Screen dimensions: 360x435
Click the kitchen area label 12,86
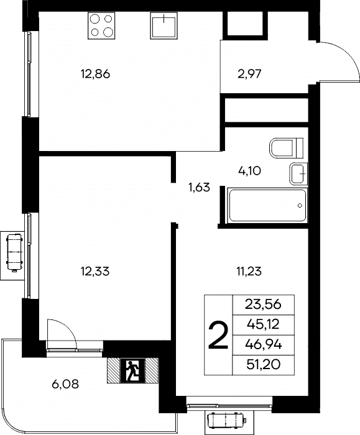coord(95,74)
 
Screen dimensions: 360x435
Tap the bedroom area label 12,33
coord(95,271)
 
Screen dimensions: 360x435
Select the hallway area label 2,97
coord(249,74)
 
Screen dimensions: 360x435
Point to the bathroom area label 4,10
coord(249,171)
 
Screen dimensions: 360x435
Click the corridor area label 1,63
coord(200,188)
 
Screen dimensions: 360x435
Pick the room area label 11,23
coord(249,271)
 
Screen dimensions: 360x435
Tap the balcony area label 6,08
coord(65,384)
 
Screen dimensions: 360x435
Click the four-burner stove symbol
coord(101,25)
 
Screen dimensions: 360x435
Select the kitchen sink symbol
coord(164,25)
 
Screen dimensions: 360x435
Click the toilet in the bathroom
coord(286,148)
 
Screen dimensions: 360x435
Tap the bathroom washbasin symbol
coord(298,174)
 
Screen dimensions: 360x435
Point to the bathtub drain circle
coord(300,206)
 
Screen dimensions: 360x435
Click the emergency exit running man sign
coord(132,370)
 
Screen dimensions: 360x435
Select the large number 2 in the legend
coord(218,334)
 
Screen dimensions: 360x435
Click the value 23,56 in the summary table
coord(263,304)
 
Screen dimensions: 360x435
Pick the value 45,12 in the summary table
coord(263,324)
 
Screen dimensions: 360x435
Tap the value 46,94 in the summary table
coord(264,344)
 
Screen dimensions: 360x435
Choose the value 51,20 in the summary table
coord(264,365)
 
